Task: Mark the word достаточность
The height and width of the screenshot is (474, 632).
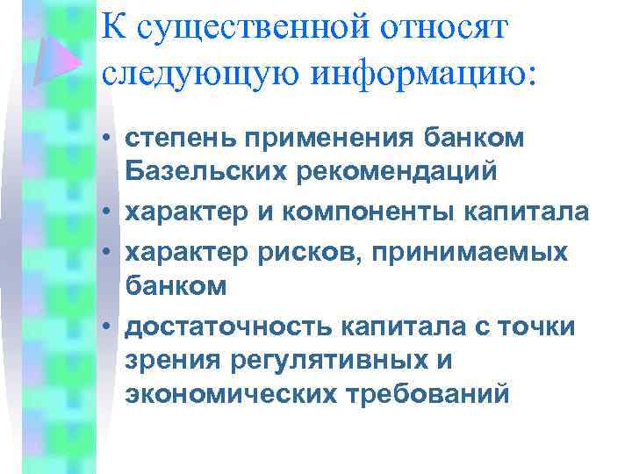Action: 226,327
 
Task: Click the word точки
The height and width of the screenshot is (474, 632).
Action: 541,327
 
